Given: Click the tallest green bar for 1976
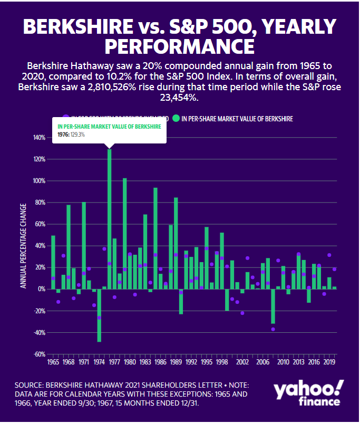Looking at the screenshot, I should [110, 219].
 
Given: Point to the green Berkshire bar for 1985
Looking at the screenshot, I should [155, 238].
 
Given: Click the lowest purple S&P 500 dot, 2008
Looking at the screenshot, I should [273, 329].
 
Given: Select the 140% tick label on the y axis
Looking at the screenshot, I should [38, 138].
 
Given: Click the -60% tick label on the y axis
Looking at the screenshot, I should [39, 354].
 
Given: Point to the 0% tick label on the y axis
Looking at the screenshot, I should [41, 289].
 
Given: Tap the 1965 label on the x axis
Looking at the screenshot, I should [53, 363].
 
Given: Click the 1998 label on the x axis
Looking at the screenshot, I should [222, 363].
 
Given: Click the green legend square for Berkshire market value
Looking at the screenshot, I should [176, 119].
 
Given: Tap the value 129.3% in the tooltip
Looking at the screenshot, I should [77, 135].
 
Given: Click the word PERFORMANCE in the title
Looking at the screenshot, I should [179, 45].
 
